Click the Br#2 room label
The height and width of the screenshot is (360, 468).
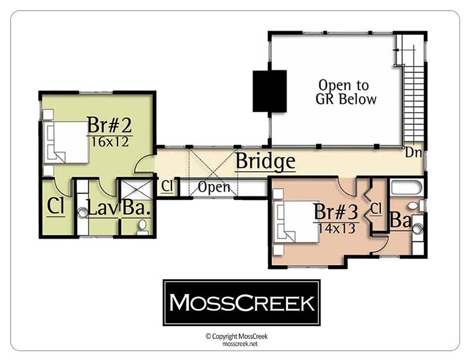pyautogui.click(x=109, y=125)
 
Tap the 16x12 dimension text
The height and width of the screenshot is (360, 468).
pyautogui.click(x=110, y=142)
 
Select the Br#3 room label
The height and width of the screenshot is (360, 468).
pyautogui.click(x=336, y=212)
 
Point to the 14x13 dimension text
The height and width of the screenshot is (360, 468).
pyautogui.click(x=336, y=229)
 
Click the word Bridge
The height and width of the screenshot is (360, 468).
pyautogui.click(x=266, y=161)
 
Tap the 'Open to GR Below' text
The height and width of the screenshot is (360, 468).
pyautogui.click(x=345, y=92)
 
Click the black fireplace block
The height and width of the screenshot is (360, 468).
pyautogui.click(x=270, y=91)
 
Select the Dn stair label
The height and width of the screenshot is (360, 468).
pyautogui.click(x=414, y=153)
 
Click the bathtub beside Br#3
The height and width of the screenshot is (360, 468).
pyautogui.click(x=406, y=186)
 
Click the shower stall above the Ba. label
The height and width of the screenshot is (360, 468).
pyautogui.click(x=137, y=190)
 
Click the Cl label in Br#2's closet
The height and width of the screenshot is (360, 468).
pyautogui.click(x=56, y=206)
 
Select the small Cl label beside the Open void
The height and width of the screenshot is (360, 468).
pyautogui.click(x=167, y=186)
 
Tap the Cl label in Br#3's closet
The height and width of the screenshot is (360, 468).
pyautogui.click(x=376, y=209)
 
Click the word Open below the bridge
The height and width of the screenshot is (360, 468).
pyautogui.click(x=214, y=188)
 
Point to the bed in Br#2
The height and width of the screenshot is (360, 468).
pyautogui.click(x=66, y=142)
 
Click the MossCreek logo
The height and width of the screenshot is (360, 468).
pyautogui.click(x=242, y=303)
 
